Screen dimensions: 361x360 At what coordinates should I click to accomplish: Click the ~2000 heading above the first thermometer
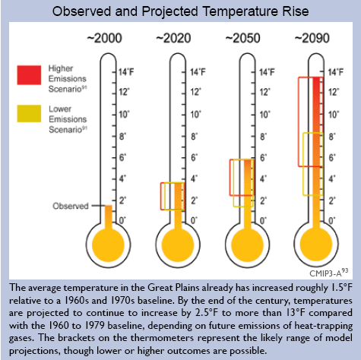click(x=104, y=38)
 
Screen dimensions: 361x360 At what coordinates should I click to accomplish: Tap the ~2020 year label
click(x=173, y=38)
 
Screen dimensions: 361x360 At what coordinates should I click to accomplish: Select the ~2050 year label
click(x=242, y=38)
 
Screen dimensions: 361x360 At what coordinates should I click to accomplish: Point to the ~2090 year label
click(x=312, y=38)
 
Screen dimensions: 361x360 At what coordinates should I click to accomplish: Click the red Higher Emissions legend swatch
click(x=29, y=75)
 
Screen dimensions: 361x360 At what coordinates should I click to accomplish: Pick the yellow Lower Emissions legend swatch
click(x=29, y=114)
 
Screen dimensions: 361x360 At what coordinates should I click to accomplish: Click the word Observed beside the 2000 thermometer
click(x=71, y=206)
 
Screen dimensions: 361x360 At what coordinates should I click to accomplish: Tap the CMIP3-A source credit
click(x=328, y=273)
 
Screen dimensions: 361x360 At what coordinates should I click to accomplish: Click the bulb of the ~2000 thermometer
click(x=108, y=245)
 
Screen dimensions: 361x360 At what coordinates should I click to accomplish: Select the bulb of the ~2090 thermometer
click(x=316, y=245)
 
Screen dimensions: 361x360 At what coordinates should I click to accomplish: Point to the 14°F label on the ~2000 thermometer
click(x=126, y=72)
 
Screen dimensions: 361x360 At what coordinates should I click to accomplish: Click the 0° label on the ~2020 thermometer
click(x=194, y=220)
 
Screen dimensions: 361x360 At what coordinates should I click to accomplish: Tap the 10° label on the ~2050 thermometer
click(x=265, y=115)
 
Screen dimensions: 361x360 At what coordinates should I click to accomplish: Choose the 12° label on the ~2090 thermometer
click(x=334, y=92)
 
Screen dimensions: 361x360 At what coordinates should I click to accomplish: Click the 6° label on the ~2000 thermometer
click(x=122, y=157)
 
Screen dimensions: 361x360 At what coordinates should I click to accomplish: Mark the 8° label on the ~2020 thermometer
click(x=194, y=137)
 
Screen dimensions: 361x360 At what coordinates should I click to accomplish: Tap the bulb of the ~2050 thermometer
click(x=247, y=245)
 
